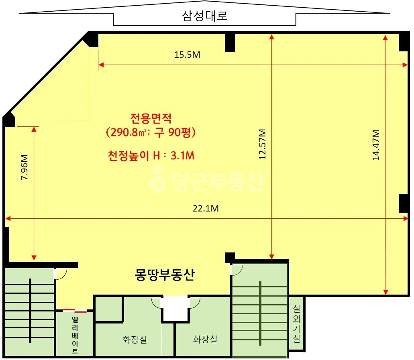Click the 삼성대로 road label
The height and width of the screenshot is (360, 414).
(x=205, y=16)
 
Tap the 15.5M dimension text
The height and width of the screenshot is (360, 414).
(x=187, y=55)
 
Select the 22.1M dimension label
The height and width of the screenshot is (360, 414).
(x=206, y=208)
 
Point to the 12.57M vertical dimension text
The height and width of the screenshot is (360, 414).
(x=262, y=144)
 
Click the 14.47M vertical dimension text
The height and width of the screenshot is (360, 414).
(x=376, y=145)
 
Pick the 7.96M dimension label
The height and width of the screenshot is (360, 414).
(x=24, y=167)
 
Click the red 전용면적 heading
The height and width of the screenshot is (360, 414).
(x=151, y=118)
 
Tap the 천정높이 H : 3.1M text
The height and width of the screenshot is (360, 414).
(x=151, y=155)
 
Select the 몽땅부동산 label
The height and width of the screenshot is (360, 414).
(x=165, y=275)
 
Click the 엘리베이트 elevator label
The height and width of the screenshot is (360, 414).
(x=75, y=335)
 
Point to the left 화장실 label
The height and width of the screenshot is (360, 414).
(x=135, y=339)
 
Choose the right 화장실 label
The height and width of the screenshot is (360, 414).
(x=205, y=339)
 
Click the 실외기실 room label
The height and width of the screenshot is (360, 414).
(x=296, y=324)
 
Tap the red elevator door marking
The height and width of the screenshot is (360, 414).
(x=75, y=311)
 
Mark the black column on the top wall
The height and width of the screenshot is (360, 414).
(x=230, y=42)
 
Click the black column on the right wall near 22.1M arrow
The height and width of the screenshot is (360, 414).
(x=404, y=203)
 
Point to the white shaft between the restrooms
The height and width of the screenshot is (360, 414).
(x=175, y=309)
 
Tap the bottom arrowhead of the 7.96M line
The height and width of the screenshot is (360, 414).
(x=34, y=257)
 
